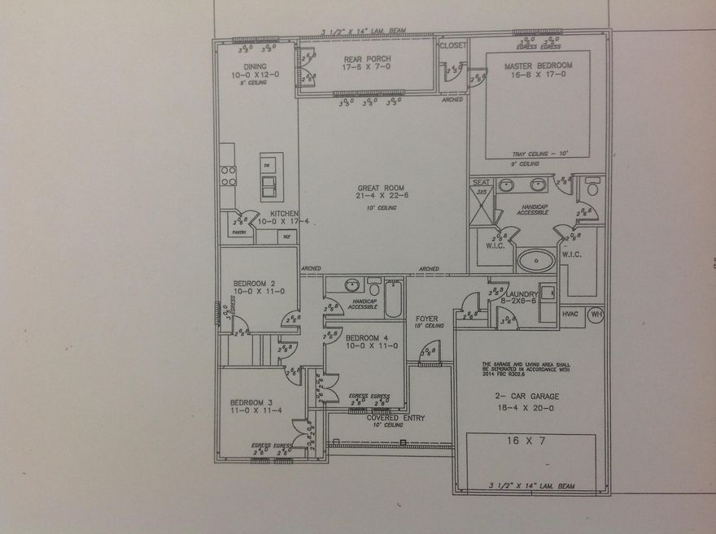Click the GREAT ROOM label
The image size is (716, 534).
pos(382,185)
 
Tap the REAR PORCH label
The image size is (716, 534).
pos(367,59)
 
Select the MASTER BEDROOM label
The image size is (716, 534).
pos(538,65)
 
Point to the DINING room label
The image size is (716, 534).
pos(255,67)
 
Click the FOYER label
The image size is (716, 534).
pos(428,319)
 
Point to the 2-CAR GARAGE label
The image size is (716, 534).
pos(528,397)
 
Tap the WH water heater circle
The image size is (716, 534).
pos(596,313)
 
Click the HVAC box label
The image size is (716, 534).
pos(572,314)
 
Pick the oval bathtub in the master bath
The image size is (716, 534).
pos(537,261)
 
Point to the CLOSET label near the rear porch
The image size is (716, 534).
pos(452,46)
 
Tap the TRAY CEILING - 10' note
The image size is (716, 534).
pos(539,154)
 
